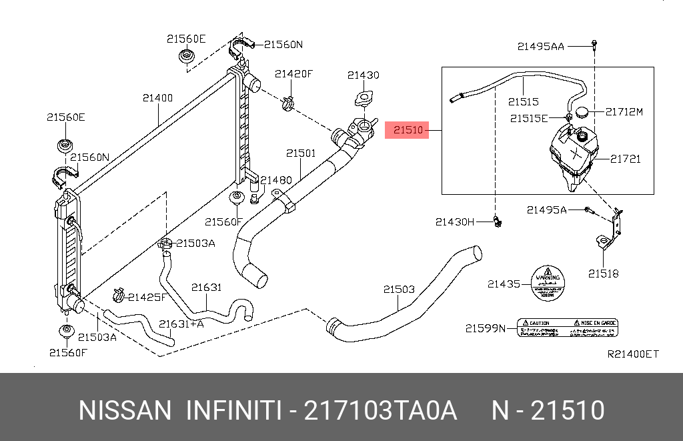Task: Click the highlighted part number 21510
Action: click(x=408, y=130)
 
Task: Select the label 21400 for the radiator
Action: click(x=157, y=98)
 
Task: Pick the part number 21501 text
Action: click(x=301, y=153)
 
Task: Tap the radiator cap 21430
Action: click(x=364, y=99)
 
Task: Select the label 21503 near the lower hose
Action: click(x=399, y=290)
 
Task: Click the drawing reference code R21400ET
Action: click(x=632, y=354)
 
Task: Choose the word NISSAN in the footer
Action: click(x=125, y=410)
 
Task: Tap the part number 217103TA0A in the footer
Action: click(x=380, y=410)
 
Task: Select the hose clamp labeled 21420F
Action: click(x=287, y=103)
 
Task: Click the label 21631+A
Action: click(x=181, y=324)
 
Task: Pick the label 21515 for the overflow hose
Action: click(x=523, y=102)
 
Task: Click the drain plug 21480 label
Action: click(x=276, y=180)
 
